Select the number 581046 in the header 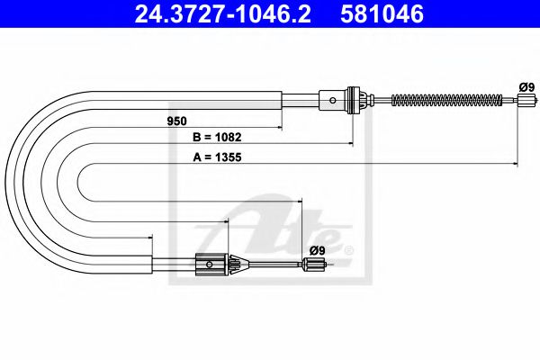[381, 14]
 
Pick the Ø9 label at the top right [526, 86]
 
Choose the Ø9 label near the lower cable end [316, 249]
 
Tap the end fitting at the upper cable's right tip [519, 100]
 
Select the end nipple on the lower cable [313, 264]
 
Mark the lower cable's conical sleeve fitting [237, 264]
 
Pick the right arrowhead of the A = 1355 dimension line [515, 165]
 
